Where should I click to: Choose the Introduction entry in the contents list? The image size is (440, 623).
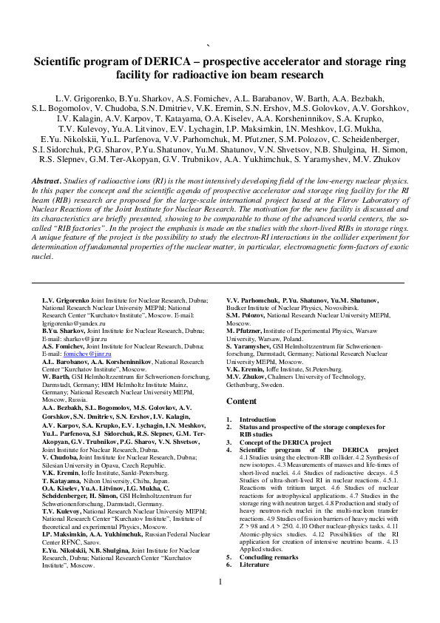(257, 420)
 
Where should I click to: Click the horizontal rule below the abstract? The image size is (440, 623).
(220, 283)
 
